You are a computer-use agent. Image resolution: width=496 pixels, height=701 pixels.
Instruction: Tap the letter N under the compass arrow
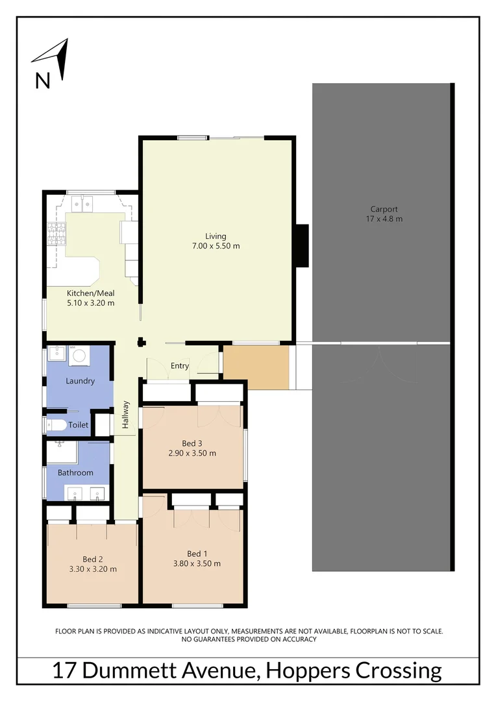(42, 80)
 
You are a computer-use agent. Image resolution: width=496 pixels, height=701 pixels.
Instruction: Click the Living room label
(216, 236)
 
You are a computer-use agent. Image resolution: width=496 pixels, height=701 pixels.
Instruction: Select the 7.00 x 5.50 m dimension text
(216, 246)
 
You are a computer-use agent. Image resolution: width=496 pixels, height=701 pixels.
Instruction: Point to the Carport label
(384, 209)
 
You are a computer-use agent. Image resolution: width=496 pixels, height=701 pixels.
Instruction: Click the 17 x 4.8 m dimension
(384, 219)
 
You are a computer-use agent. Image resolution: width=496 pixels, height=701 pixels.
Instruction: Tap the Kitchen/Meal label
(91, 293)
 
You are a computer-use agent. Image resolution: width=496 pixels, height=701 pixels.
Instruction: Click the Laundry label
(80, 381)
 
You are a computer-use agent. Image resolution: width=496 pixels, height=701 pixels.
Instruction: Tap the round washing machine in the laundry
(80, 356)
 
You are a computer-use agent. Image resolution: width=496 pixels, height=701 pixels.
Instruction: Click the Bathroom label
(75, 473)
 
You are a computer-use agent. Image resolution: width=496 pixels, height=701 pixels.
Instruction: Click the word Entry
(180, 366)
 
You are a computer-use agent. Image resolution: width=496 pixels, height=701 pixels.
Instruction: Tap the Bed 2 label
(92, 559)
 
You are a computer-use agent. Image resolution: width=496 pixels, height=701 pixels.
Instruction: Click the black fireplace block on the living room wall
(301, 245)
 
